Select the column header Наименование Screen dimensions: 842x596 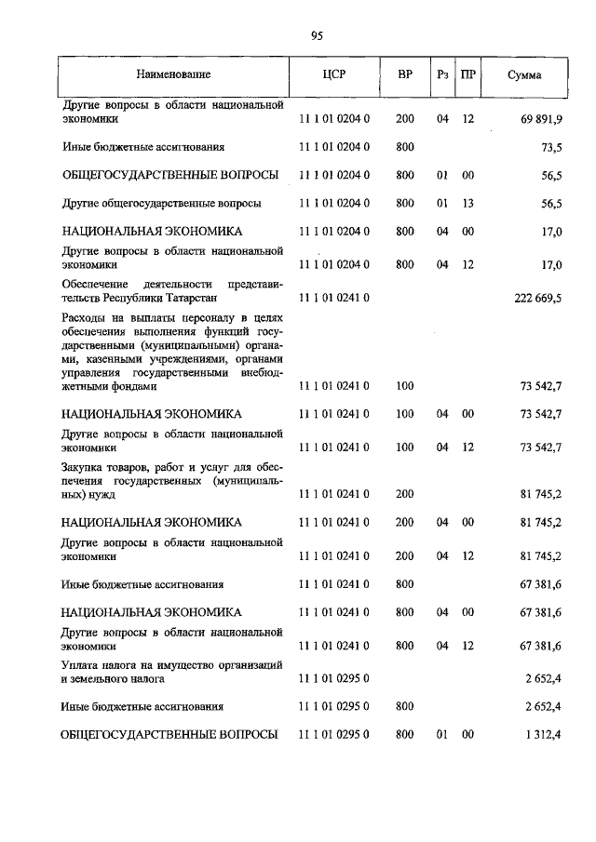(173, 74)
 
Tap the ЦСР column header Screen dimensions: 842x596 (334, 74)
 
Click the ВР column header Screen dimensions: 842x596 (405, 74)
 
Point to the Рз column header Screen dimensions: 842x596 (442, 74)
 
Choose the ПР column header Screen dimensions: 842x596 (468, 74)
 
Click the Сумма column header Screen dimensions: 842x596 (524, 74)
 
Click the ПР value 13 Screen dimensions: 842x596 (468, 203)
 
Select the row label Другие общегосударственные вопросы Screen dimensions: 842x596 (161, 203)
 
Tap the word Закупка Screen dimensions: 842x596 (85, 467)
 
